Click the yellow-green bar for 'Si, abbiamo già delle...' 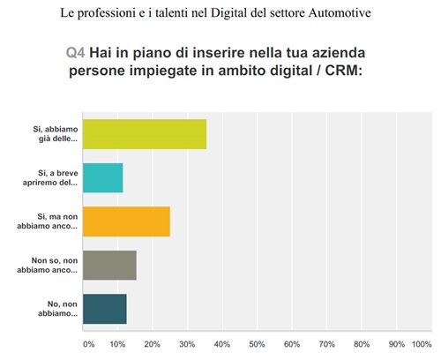(x=144, y=134)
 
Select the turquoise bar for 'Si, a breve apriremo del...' (x=102, y=177)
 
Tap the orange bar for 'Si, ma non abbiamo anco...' (x=125, y=221)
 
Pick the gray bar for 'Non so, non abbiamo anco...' (x=109, y=265)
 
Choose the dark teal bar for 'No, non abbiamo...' (x=104, y=308)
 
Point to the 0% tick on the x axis (x=87, y=344)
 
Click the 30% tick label (x=187, y=344)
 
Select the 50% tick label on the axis (x=257, y=344)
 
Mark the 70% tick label (x=326, y=344)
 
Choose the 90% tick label (x=396, y=344)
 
